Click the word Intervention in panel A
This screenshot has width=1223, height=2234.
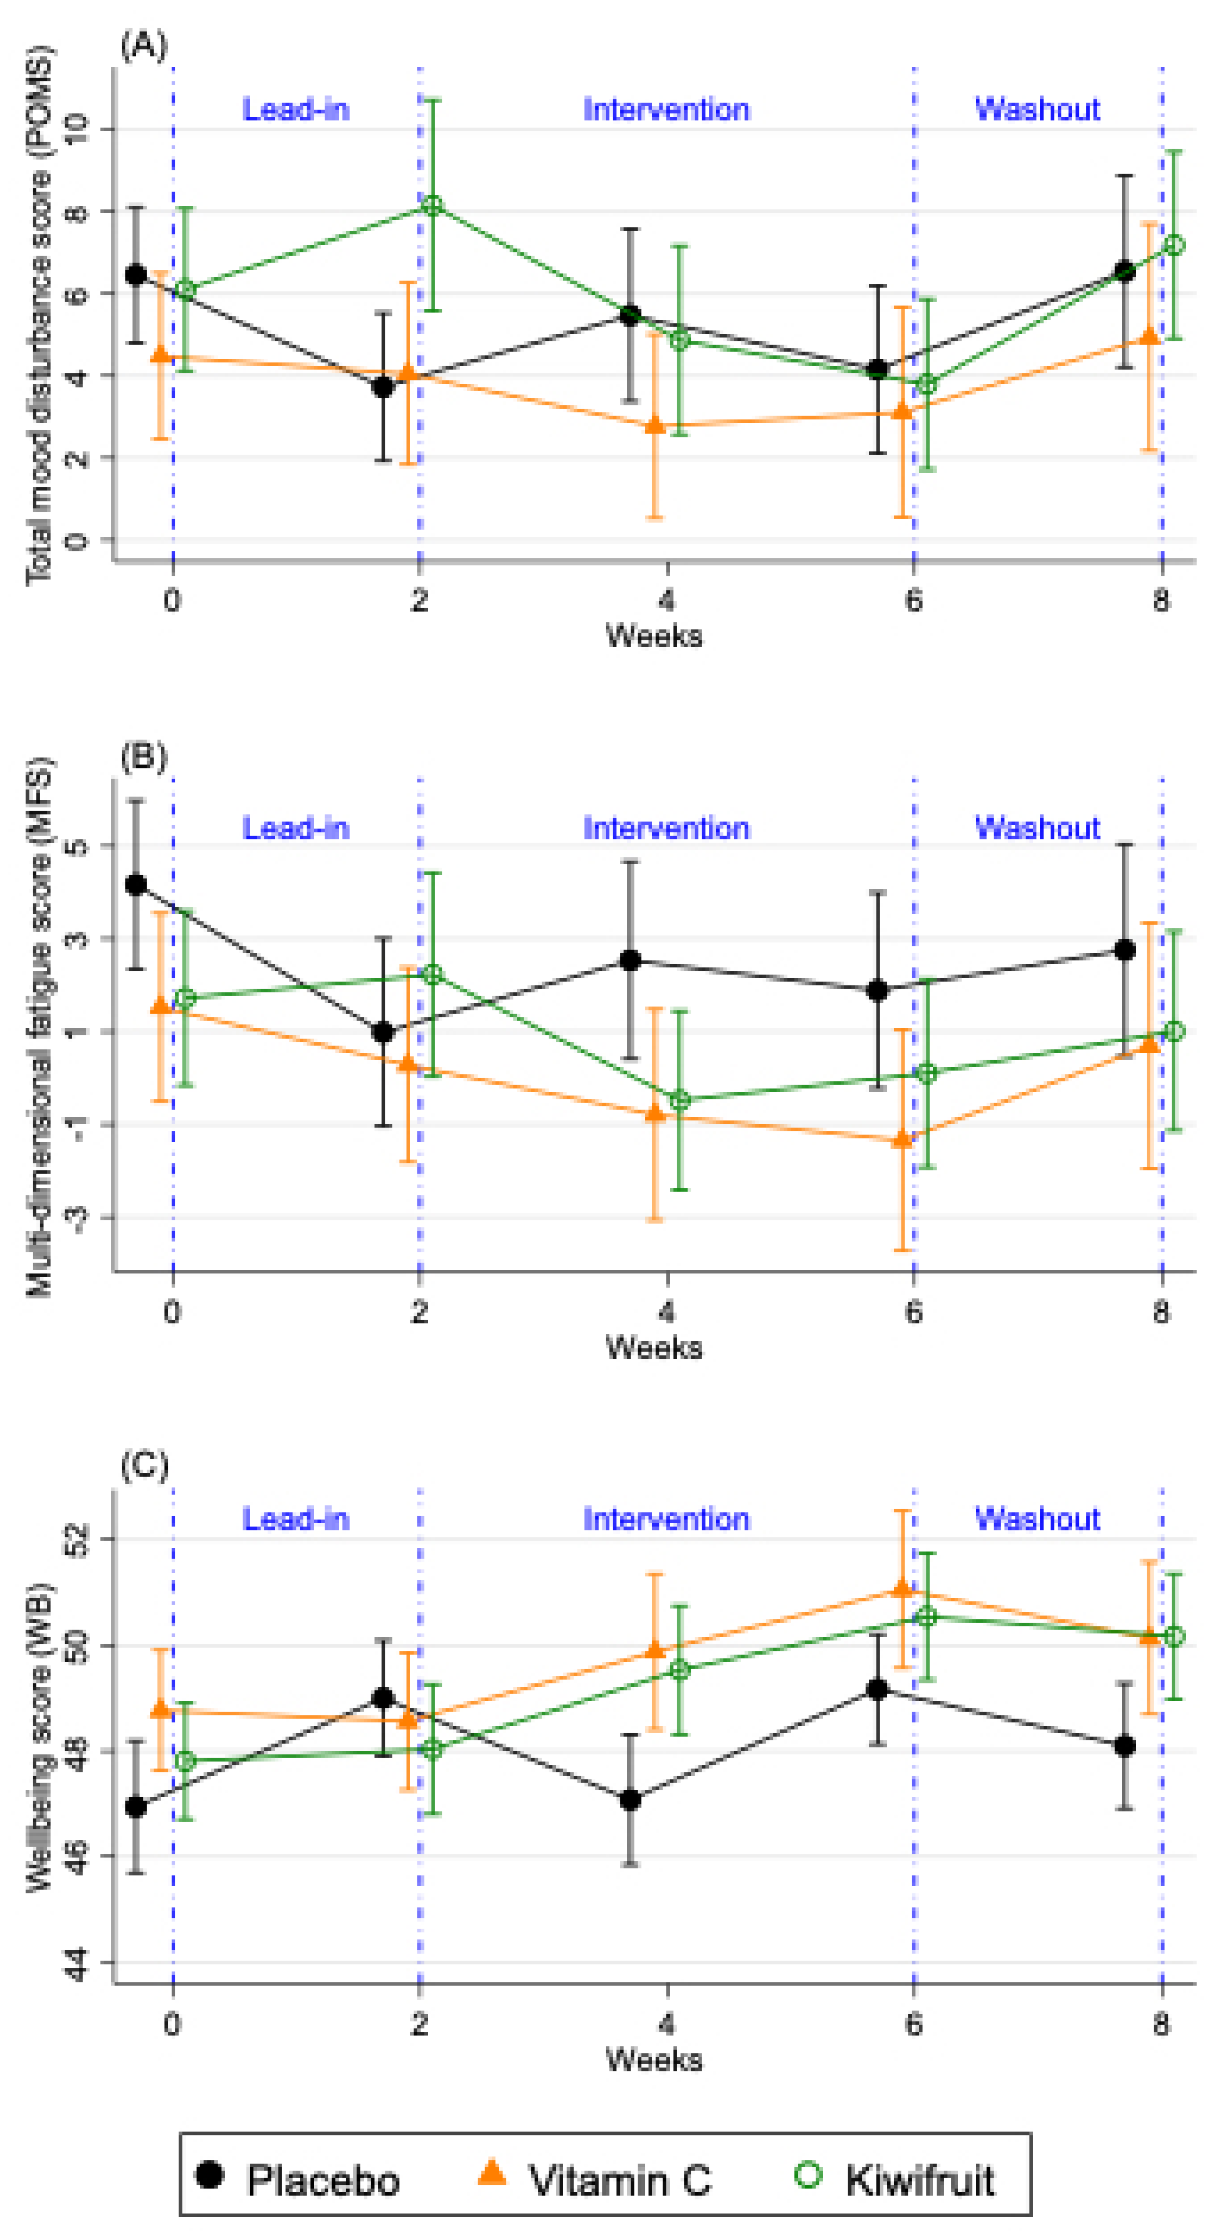(x=666, y=110)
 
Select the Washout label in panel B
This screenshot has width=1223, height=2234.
(x=1037, y=828)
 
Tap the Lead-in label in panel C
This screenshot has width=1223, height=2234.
(x=296, y=1519)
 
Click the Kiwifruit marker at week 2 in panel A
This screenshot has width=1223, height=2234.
(x=432, y=206)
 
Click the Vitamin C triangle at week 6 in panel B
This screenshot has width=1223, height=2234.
(x=902, y=1139)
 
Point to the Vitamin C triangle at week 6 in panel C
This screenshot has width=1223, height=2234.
(x=902, y=1588)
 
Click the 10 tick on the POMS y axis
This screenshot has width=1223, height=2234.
(x=78, y=130)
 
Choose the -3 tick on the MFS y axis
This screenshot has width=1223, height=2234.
(x=78, y=1218)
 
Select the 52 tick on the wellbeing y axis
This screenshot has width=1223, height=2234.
(x=78, y=1539)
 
